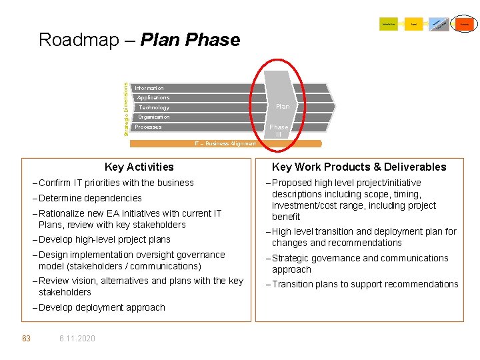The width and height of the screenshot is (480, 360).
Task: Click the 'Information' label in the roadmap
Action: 149,88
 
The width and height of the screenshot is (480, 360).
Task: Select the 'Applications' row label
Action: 153,98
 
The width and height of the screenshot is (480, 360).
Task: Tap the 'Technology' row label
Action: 154,107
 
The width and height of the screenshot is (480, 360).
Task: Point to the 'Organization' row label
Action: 154,117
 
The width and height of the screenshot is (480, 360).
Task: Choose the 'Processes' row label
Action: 148,127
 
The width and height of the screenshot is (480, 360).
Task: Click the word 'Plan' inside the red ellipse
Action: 283,107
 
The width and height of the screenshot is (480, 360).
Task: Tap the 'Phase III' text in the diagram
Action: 279,130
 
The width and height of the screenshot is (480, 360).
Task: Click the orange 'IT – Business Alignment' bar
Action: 225,143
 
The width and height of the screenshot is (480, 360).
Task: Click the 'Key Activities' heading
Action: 139,167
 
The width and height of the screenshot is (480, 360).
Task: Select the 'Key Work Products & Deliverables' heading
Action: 359,167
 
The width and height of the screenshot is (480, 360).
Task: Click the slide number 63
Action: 26,339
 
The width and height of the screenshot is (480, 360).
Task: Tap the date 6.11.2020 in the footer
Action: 77,339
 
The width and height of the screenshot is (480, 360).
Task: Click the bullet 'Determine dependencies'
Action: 90,198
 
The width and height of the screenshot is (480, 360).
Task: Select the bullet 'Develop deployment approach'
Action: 101,307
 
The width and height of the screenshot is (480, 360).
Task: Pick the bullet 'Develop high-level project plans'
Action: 104,239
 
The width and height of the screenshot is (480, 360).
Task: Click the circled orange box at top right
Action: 464,24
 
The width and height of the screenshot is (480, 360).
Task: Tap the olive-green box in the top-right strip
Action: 388,24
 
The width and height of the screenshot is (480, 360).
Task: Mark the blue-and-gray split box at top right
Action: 439,24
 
